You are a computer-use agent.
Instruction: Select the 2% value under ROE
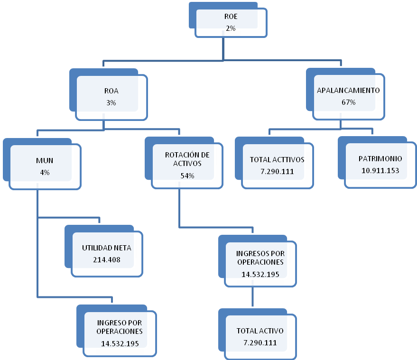click(231, 28)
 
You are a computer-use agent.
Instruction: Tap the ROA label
click(111, 91)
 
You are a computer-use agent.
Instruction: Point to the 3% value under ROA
click(111, 102)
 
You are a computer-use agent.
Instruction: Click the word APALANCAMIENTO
click(348, 91)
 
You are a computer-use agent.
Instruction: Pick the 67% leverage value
click(348, 102)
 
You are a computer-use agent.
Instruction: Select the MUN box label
click(45, 161)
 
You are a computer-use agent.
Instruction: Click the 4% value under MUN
click(45, 173)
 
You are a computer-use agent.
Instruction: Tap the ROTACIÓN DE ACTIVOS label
click(187, 159)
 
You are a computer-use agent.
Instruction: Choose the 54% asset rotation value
click(187, 176)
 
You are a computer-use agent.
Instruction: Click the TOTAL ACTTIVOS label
click(277, 159)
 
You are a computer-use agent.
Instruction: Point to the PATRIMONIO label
click(380, 159)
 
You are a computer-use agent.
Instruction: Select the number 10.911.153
click(380, 170)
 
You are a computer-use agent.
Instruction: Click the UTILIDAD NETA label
click(107, 248)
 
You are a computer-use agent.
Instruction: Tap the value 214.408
click(107, 260)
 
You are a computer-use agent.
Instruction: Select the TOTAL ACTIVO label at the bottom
click(260, 331)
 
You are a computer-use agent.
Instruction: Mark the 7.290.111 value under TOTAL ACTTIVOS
click(277, 172)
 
